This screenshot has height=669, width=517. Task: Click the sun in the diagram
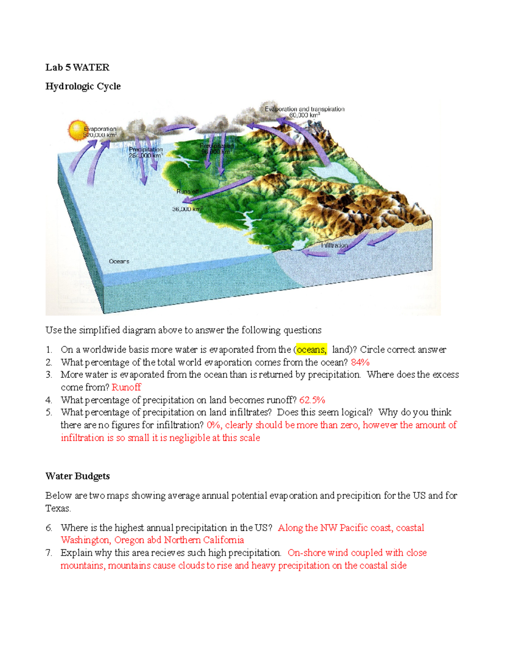coord(78,130)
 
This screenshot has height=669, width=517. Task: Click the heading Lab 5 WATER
coord(78,67)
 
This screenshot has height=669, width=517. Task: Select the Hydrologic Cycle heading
coord(83,86)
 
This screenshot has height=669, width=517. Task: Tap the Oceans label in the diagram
coord(119,261)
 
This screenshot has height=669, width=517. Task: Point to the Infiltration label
coord(334,245)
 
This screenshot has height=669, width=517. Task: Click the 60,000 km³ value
coord(305,115)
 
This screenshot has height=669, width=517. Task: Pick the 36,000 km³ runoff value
coord(187,209)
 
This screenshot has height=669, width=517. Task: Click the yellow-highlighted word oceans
coord(311,350)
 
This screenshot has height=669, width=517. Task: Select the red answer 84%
coord(360,362)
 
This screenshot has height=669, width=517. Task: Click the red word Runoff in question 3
coord(126,387)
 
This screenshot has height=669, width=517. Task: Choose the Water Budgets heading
coord(78,476)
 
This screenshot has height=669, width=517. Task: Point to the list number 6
coord(49,528)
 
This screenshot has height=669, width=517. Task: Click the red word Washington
coord(86,540)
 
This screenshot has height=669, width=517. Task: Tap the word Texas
coord(58,508)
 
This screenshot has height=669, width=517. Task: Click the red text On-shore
coord(306,553)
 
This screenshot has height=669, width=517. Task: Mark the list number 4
coord(49,400)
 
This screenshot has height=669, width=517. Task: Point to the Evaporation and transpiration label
coord(305,109)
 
